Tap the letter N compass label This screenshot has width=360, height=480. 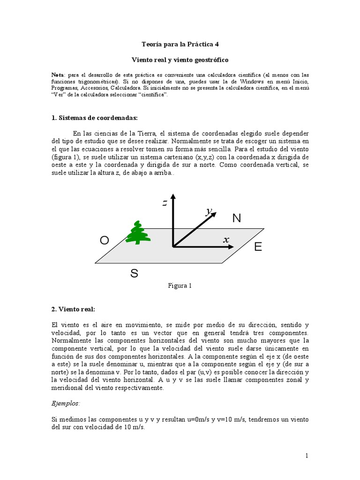coord(236,218)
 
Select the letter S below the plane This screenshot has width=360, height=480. coord(134,274)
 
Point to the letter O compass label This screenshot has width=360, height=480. coord(105,240)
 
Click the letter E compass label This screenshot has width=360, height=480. coord(258,247)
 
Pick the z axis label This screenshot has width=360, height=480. coord(165,203)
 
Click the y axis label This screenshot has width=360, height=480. coord(207,211)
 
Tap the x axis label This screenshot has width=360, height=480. coord(226,240)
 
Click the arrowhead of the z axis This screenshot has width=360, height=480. coord(173,197)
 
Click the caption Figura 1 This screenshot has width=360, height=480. coord(180,285)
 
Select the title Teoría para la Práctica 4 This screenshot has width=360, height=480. coord(180,44)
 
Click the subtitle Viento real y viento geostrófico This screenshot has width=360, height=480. coord(180,60)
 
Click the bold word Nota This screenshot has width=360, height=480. coord(59,75)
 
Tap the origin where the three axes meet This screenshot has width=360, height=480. coord(173,246)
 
